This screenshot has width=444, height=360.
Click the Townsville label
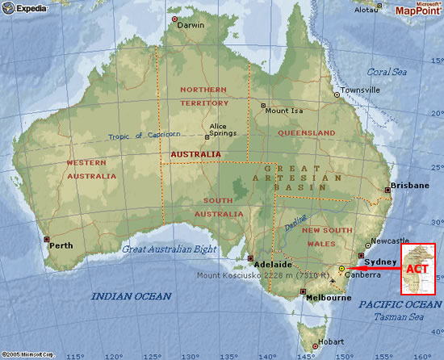pyautogui.click(x=359, y=90)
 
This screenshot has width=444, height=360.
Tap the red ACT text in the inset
pyautogui.click(x=417, y=268)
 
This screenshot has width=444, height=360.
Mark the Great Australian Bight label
pyautogui.click(x=170, y=249)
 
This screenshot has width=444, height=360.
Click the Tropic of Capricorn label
pyautogui.click(x=145, y=135)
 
